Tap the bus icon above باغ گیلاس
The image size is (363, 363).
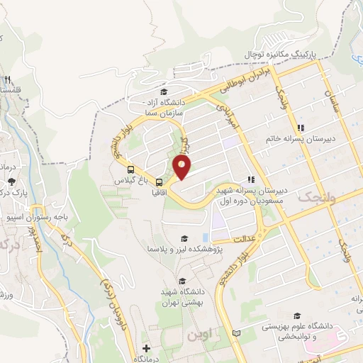pyautogui.click(x=130, y=169)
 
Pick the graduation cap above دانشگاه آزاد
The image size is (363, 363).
pyautogui.click(x=164, y=91)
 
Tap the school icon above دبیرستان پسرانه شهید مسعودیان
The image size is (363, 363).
pyautogui.click(x=250, y=179)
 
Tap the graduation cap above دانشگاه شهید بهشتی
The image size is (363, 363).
pyautogui.click(x=184, y=281)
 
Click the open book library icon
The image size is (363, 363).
pyautogui.click(x=236, y=333)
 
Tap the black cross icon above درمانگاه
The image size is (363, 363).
pyautogui.click(x=146, y=348)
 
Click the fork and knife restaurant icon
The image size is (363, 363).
pyautogui.click(x=6, y=80)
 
